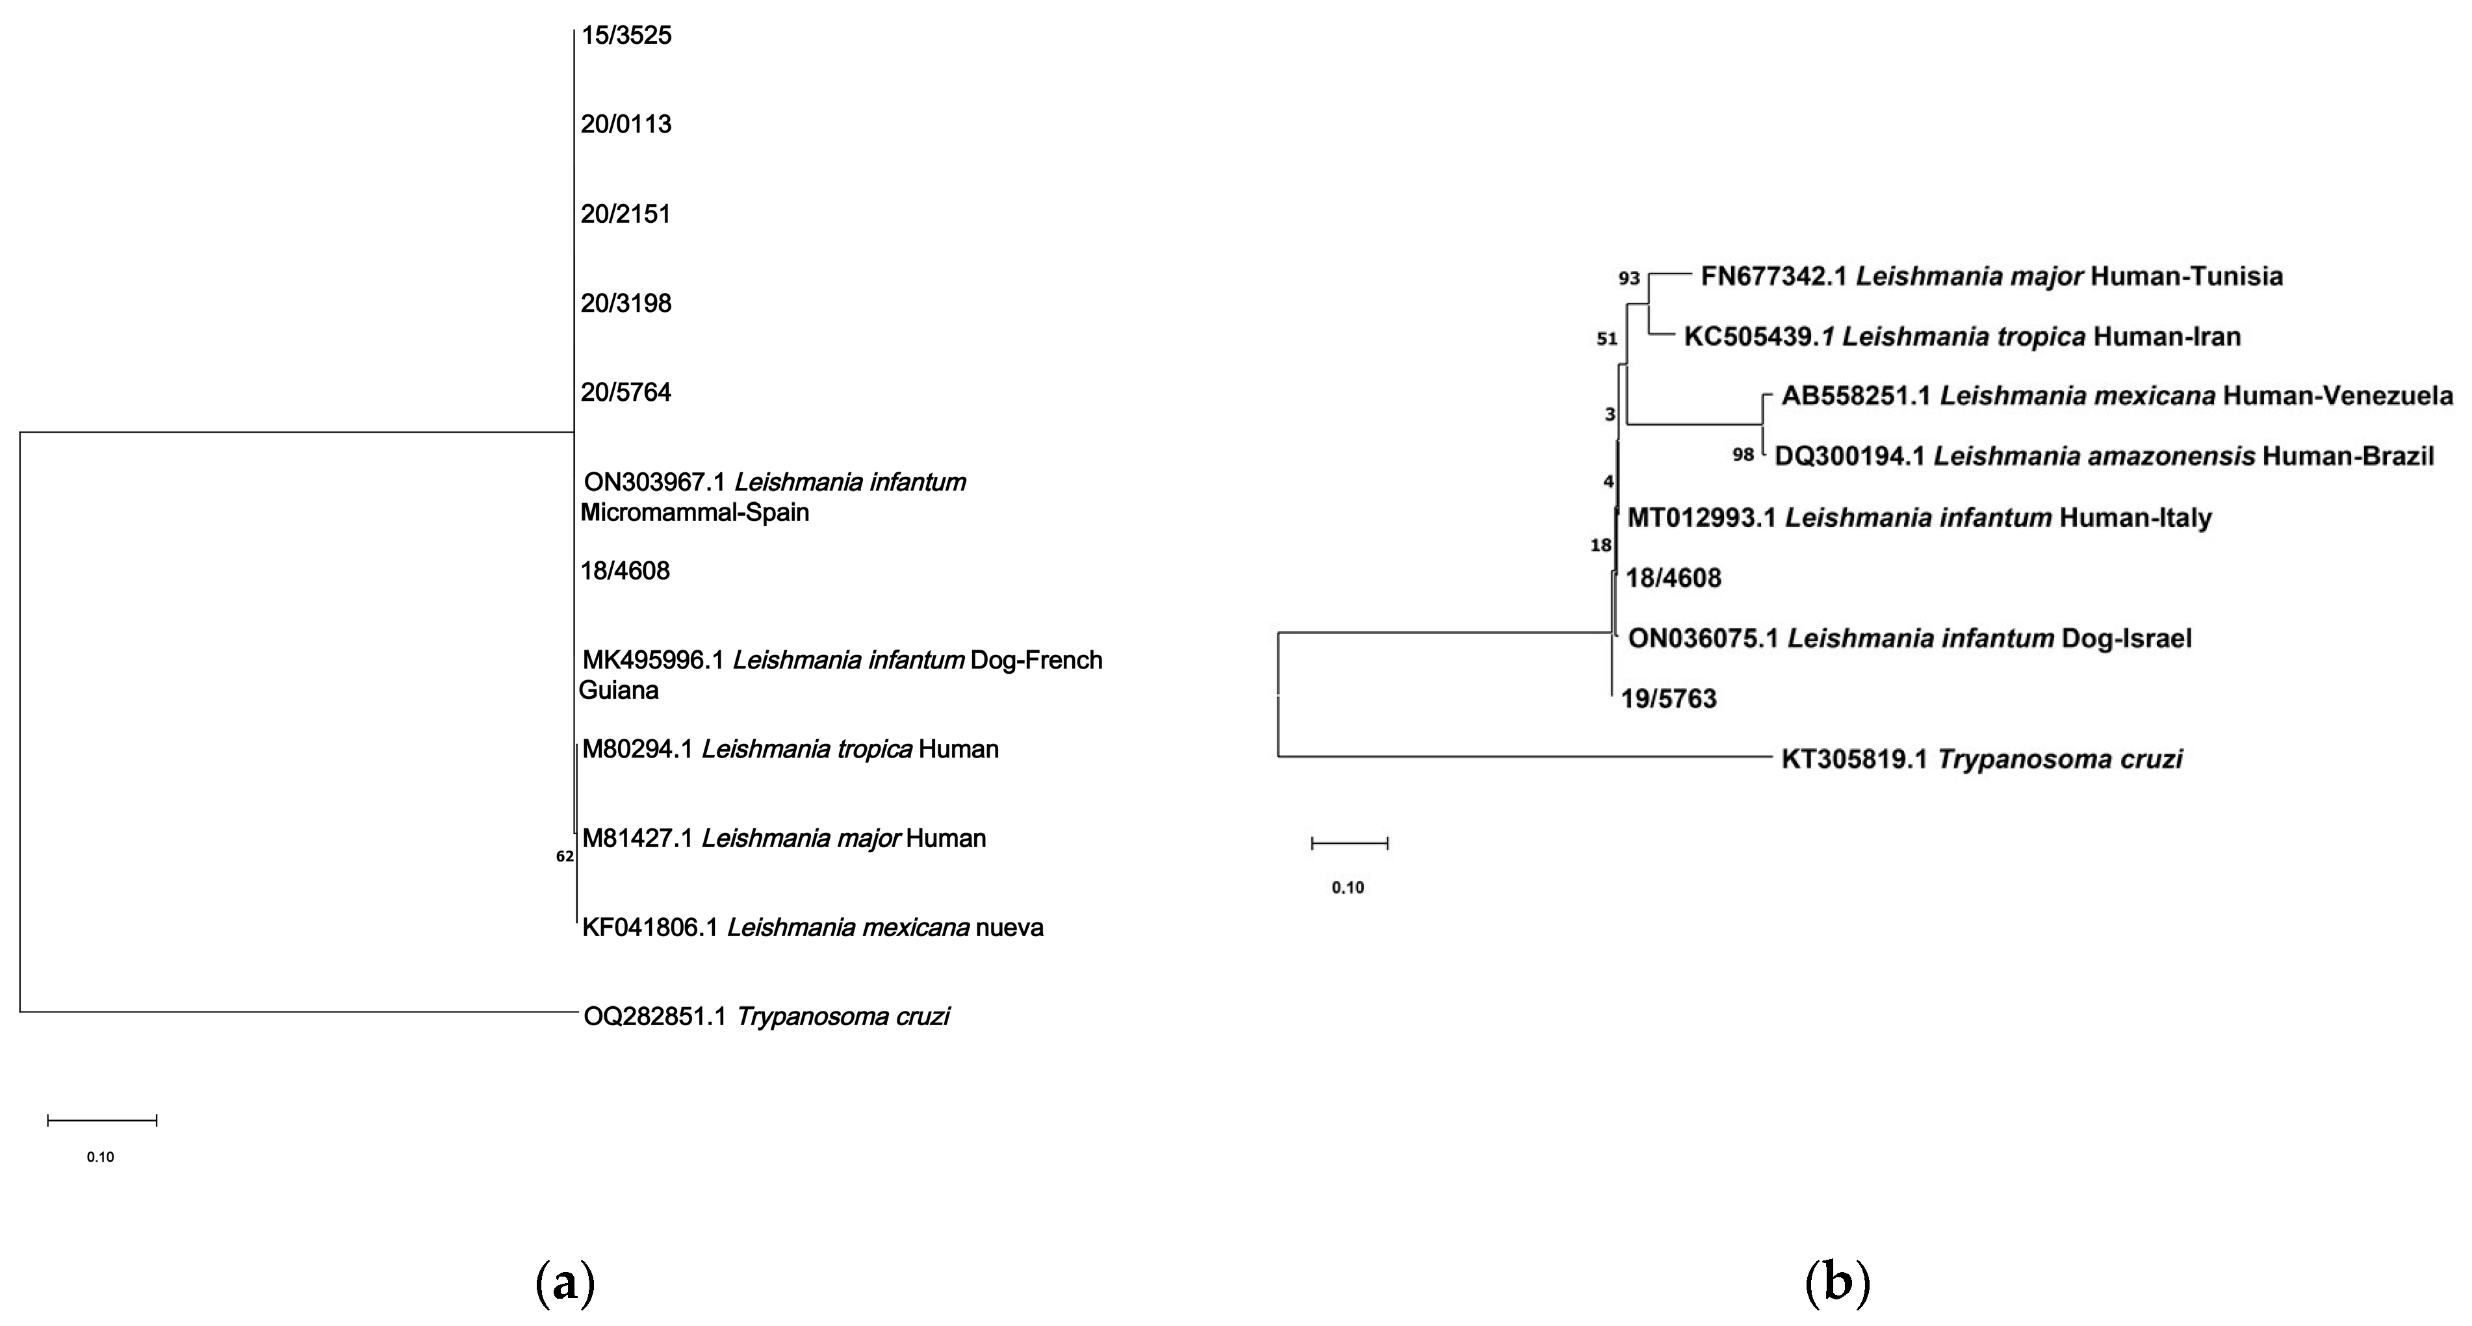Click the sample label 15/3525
[626, 36]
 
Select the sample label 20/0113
[626, 125]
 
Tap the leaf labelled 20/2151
[626, 214]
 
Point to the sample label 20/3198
[626, 303]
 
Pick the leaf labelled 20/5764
[626, 392]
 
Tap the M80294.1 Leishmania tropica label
[790, 749]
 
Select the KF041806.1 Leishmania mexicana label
[812, 928]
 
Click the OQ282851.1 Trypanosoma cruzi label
[766, 1016]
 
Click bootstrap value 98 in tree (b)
[1743, 455]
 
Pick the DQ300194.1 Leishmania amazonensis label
[2104, 457]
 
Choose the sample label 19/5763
[1669, 698]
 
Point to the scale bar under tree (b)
[1349, 843]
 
